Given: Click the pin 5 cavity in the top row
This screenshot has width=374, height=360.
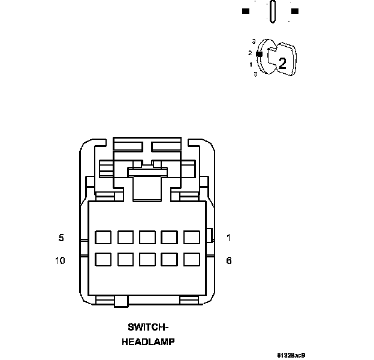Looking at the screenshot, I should [x=103, y=237].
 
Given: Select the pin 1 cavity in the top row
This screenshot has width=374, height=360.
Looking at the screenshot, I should [x=192, y=237].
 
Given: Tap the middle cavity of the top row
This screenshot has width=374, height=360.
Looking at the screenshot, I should [x=147, y=237].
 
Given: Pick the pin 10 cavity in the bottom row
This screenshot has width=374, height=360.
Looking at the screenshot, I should [x=103, y=259].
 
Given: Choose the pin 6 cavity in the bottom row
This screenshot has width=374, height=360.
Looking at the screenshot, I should [x=192, y=259].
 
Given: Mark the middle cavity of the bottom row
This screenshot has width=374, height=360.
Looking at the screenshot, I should [x=147, y=259].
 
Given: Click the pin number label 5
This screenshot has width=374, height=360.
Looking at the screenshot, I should [x=61, y=238].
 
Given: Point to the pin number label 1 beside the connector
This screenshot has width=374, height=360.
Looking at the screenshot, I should [x=228, y=238].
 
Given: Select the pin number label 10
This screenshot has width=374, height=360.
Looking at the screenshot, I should [x=60, y=260].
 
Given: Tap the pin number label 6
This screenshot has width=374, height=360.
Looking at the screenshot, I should [x=228, y=260].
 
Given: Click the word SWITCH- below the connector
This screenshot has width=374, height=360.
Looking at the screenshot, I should [x=148, y=327].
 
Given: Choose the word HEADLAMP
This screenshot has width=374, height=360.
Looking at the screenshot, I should [x=148, y=342].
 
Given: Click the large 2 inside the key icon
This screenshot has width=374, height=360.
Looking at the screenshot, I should [x=282, y=61].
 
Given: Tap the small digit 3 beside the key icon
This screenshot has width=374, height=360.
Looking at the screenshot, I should [x=254, y=41].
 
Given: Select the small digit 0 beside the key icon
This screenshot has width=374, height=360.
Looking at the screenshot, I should [x=255, y=74].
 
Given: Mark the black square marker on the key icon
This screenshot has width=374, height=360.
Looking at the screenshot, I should [x=260, y=54].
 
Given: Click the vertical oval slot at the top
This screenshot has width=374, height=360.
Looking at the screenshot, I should [x=273, y=11].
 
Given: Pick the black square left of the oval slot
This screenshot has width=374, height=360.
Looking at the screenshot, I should [x=246, y=11].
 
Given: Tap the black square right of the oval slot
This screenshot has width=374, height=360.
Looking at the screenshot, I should [x=294, y=11].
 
